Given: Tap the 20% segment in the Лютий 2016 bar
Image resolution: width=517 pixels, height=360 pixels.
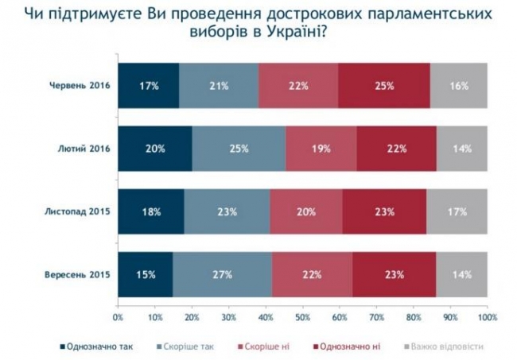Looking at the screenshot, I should pos(155,149).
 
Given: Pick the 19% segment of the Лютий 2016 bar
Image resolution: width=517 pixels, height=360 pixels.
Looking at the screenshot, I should pos(321,149).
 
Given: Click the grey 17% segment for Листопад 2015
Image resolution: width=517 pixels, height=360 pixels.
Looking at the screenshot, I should pos(457,211).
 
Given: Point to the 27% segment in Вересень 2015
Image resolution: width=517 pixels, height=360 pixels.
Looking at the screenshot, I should pos(222,275).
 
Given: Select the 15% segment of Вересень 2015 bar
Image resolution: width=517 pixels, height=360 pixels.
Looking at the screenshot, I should pos(146,275).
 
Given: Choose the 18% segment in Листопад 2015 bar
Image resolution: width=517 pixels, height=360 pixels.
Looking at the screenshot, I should pos(151,211).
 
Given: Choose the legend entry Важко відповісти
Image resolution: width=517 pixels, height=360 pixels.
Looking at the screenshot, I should pos(445,346).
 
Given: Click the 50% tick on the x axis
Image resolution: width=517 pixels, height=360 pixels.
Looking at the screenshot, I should pos(303,318).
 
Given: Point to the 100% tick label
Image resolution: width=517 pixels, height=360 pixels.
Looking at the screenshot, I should pos(486,318).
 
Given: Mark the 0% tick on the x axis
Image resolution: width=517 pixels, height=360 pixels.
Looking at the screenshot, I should pos(119,318).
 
